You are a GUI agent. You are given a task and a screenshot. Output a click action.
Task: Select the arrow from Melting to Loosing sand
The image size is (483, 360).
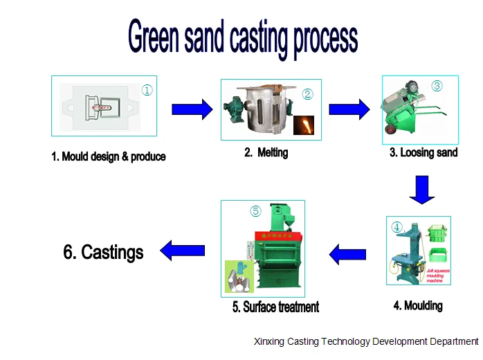click(349, 109)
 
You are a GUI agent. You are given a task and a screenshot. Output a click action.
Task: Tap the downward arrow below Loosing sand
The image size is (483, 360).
click(421, 190)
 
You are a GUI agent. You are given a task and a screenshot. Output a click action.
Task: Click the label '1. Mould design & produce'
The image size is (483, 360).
click(109, 156)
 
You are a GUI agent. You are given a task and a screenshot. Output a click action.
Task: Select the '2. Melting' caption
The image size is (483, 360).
click(266, 152)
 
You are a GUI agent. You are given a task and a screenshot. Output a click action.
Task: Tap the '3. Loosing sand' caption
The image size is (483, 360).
click(423, 152)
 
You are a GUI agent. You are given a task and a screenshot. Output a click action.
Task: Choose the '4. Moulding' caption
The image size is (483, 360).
click(418, 305)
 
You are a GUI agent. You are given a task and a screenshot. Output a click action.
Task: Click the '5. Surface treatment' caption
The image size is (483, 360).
click(275, 307)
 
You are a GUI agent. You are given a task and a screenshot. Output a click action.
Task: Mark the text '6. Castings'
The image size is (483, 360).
click(103, 252)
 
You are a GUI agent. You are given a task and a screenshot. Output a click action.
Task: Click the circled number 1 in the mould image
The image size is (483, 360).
click(147, 89)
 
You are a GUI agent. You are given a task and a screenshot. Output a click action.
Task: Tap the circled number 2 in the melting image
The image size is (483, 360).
click(308, 94)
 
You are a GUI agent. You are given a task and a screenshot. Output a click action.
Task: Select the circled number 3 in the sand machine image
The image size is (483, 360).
click(437, 86)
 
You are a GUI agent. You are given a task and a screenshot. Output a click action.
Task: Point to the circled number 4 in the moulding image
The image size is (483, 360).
click(397, 226)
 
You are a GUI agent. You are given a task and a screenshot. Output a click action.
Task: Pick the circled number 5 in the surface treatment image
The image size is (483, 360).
click(255, 211)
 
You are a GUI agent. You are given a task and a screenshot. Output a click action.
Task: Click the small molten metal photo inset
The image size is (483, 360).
click(304, 125)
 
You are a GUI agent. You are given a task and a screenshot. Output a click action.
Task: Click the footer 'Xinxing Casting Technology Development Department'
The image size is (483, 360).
click(366, 341)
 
